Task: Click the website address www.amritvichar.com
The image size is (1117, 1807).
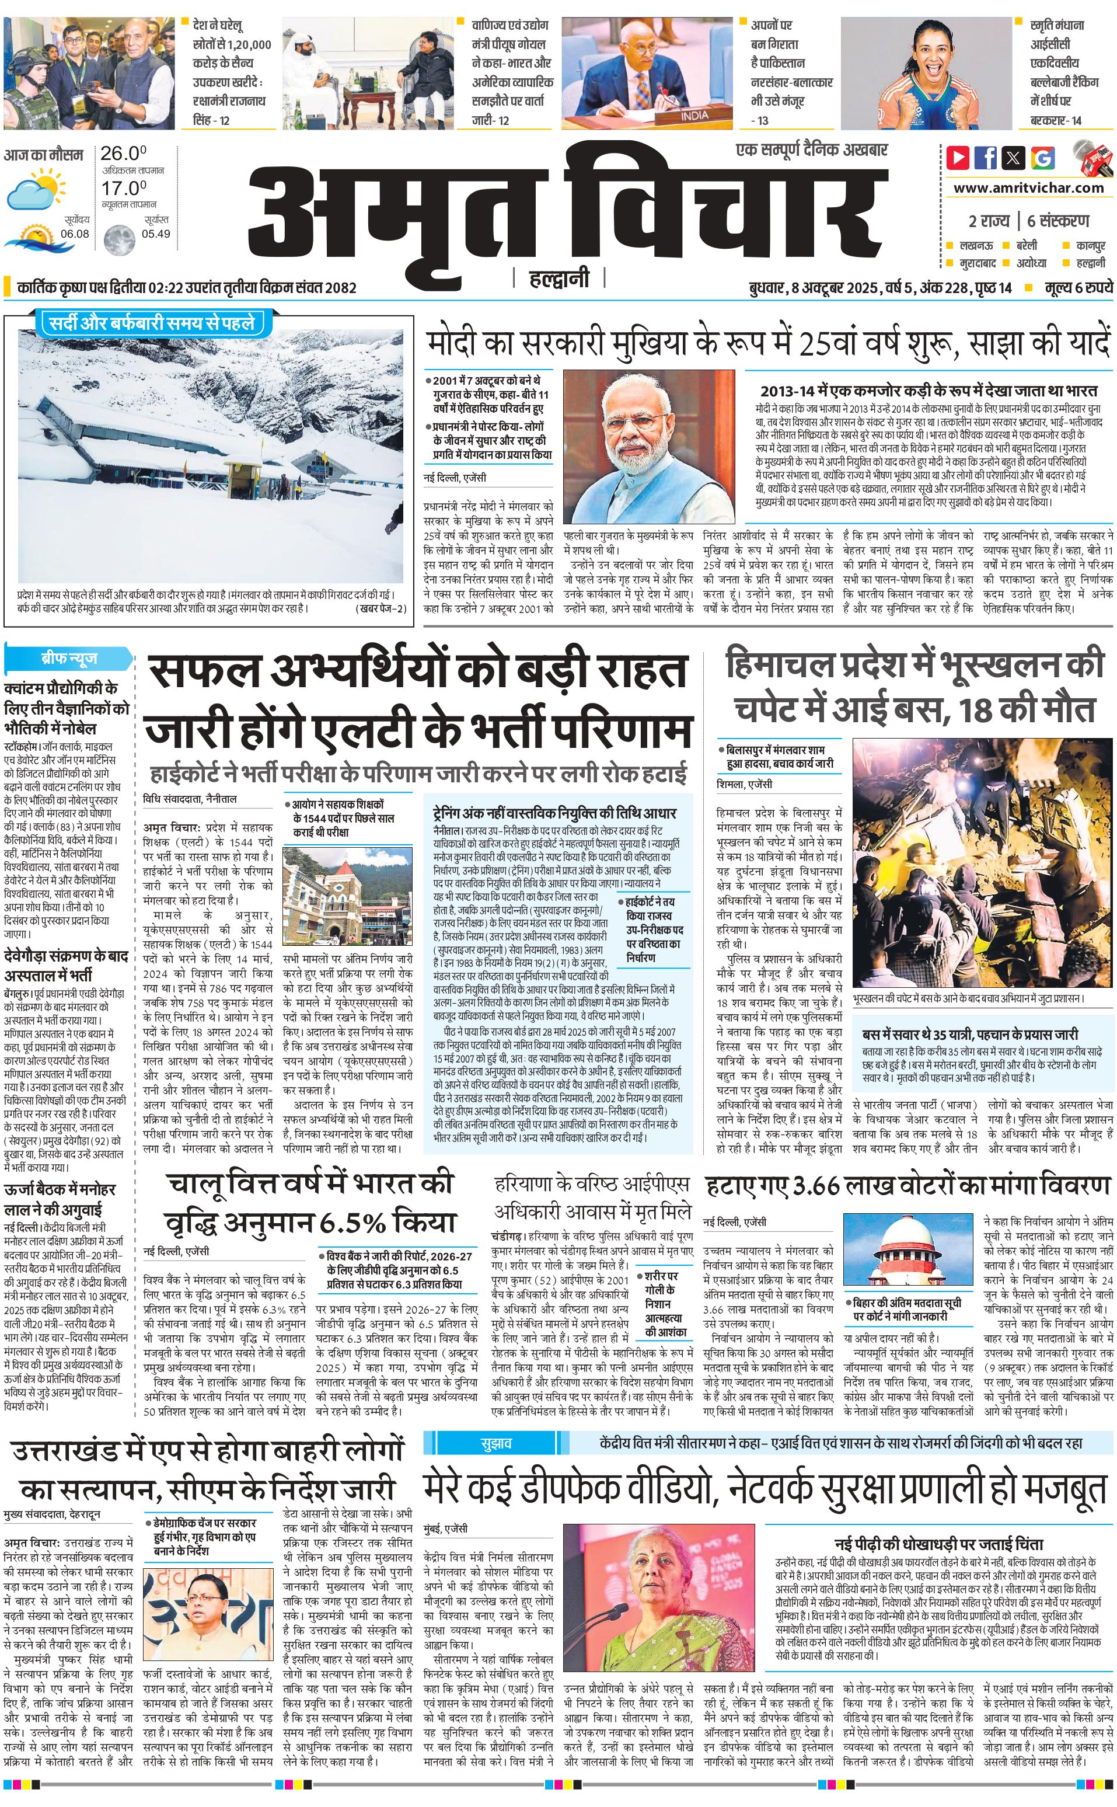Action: (x=1028, y=188)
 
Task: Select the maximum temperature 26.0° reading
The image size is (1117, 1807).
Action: (x=123, y=154)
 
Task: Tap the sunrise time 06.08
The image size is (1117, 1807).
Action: (x=75, y=234)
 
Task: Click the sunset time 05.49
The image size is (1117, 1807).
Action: (x=156, y=234)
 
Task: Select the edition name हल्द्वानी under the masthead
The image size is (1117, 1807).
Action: (x=559, y=278)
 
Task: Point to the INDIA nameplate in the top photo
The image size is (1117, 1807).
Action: (x=694, y=115)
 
